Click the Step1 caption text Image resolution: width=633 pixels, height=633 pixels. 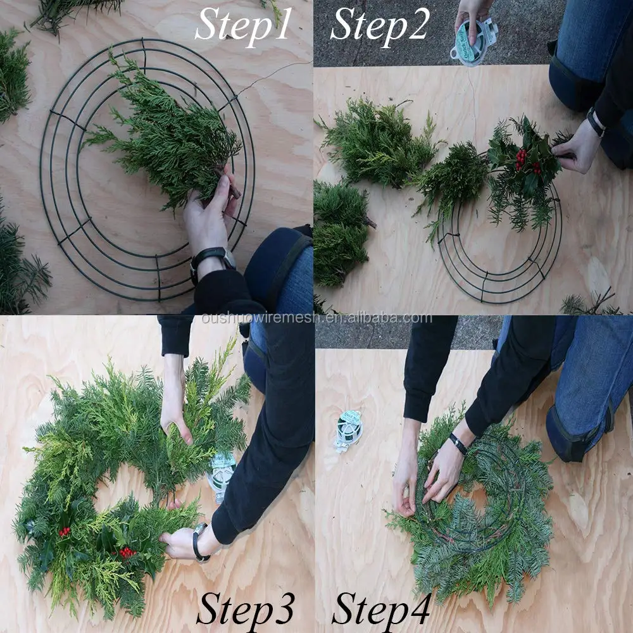click(x=243, y=25)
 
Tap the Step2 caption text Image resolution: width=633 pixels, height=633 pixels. click(x=380, y=25)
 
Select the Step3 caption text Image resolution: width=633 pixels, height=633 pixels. click(x=245, y=609)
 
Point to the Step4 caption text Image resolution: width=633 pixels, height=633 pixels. click(x=381, y=609)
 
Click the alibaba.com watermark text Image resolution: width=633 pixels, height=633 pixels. click(x=316, y=318)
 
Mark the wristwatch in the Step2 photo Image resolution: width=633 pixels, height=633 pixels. click(x=595, y=122)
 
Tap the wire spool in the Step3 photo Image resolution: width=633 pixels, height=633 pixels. click(x=222, y=475)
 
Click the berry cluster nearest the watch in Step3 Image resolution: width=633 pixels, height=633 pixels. click(x=127, y=552)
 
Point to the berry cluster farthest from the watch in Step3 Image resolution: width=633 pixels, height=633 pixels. click(x=64, y=531)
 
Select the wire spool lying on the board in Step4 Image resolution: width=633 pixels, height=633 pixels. click(x=348, y=429)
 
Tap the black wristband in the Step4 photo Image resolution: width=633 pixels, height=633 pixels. click(x=458, y=444)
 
